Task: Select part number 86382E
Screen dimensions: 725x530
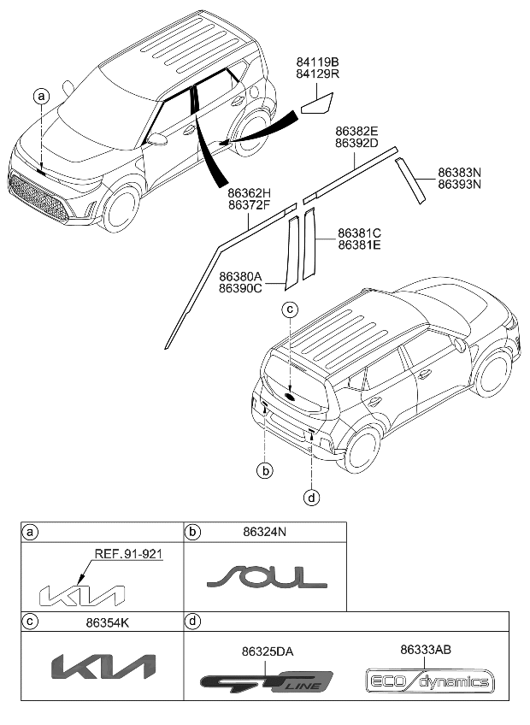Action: point(356,131)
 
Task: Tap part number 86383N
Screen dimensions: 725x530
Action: point(459,172)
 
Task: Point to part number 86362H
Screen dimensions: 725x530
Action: point(250,193)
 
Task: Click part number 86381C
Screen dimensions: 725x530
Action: point(359,233)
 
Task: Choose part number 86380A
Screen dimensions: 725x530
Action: point(240,276)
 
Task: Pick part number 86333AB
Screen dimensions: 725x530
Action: point(425,650)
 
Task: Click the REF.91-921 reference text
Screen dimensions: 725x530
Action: point(128,553)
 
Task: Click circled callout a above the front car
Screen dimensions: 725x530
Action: point(41,97)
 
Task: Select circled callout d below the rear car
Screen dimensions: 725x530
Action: point(313,496)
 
